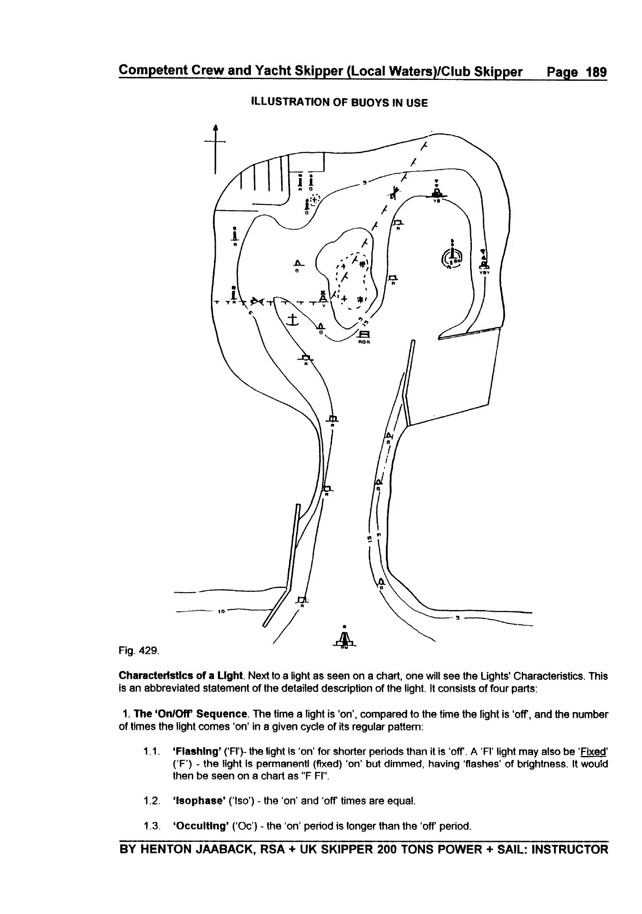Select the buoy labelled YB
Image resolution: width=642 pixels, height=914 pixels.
pyautogui.click(x=437, y=191)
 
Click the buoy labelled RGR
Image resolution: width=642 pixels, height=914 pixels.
pyautogui.click(x=364, y=335)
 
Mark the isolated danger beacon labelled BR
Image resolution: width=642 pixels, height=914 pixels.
pyautogui.click(x=452, y=258)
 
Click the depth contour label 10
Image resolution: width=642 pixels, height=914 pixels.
pyautogui.click(x=221, y=611)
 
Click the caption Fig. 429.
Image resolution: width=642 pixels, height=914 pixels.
pyautogui.click(x=139, y=650)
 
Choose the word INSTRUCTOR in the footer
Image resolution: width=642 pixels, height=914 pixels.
pyautogui.click(x=570, y=849)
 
